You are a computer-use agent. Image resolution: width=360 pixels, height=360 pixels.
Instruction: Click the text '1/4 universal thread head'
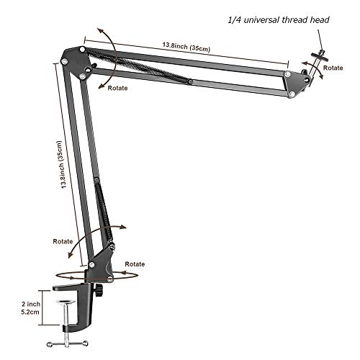[x=277, y=20]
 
